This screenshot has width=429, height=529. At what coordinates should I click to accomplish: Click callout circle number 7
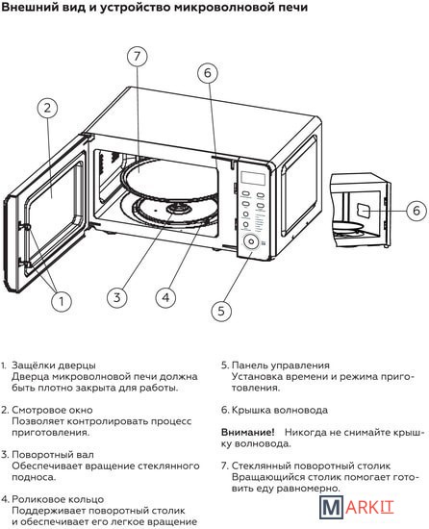138,56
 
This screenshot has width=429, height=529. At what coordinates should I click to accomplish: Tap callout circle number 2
47,108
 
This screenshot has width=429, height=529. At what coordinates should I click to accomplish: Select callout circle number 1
62,301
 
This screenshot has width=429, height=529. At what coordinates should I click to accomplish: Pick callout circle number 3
117,297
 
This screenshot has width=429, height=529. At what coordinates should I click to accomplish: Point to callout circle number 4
166,297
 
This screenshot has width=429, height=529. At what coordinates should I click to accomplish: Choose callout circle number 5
221,311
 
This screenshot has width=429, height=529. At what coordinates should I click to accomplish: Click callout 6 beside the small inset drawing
416,211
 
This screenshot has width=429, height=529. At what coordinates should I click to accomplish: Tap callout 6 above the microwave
208,72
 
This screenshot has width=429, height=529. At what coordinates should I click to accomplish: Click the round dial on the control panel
251,241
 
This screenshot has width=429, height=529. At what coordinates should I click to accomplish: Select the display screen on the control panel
253,178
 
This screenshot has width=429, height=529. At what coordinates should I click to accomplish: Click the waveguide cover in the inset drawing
364,212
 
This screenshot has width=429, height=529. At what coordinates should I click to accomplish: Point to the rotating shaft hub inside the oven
179,209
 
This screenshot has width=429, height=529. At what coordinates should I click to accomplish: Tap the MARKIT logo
357,507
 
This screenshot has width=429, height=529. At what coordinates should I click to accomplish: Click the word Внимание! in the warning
247,432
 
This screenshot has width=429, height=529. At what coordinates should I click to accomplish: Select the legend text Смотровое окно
52,410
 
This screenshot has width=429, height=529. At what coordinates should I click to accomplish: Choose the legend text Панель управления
281,365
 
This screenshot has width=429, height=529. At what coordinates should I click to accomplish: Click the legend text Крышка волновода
280,411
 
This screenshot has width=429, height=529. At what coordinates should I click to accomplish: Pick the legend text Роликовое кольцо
58,499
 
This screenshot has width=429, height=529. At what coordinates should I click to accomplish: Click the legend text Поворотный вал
53,455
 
